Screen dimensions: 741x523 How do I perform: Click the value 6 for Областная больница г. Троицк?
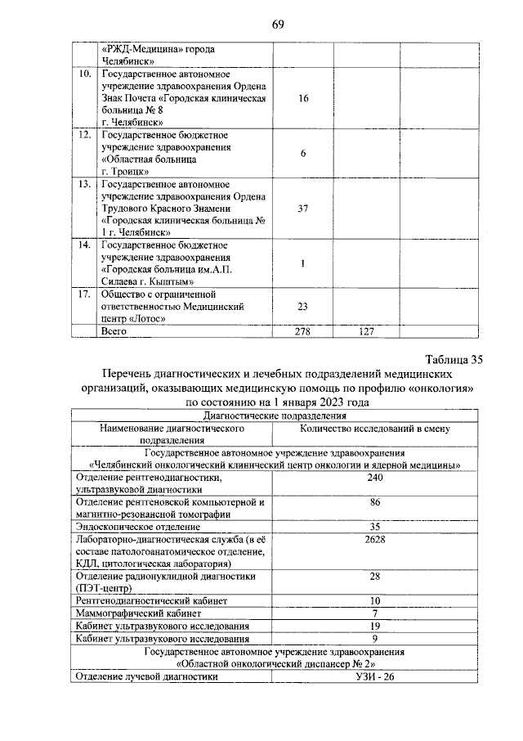(302, 154)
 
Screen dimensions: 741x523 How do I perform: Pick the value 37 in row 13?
(302, 209)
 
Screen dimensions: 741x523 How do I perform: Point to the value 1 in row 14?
(302, 263)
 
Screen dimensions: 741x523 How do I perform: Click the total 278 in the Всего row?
(302, 331)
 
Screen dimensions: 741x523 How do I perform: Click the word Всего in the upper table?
(114, 331)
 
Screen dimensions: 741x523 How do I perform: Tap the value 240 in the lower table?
(375, 478)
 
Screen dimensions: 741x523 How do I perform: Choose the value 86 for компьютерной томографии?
(375, 501)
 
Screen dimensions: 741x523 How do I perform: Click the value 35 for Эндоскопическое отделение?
(375, 526)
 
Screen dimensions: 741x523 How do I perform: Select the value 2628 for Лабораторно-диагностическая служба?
(375, 539)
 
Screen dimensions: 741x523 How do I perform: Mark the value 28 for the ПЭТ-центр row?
(375, 576)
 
